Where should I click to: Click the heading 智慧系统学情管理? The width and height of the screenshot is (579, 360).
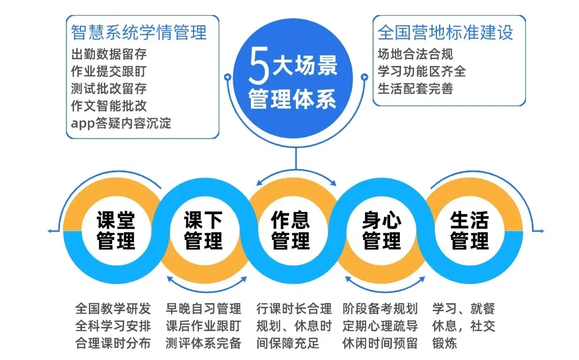(x=139, y=32)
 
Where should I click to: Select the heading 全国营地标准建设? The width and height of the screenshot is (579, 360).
(x=446, y=32)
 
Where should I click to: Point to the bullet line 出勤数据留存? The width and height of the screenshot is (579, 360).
(x=109, y=54)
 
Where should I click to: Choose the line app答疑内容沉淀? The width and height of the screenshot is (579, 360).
(x=121, y=122)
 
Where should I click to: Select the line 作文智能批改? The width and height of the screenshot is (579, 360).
(x=109, y=105)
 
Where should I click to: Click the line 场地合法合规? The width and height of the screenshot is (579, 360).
(x=415, y=54)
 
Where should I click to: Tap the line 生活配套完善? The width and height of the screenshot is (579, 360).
(x=415, y=89)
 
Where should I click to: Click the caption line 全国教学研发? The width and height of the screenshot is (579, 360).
(x=113, y=308)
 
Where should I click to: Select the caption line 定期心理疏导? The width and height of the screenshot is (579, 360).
(x=380, y=326)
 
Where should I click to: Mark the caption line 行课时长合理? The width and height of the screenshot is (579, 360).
(x=294, y=308)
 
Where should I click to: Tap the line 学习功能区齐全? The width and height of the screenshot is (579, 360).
(x=422, y=71)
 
